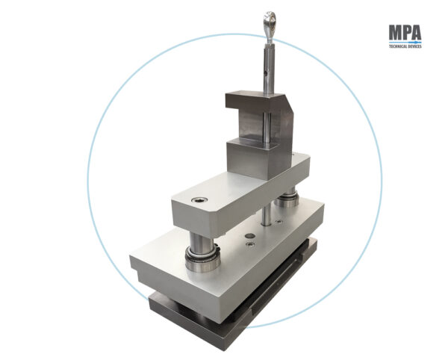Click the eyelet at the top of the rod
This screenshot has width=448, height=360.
click(x=270, y=21)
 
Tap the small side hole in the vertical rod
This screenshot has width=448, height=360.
click(x=266, y=74)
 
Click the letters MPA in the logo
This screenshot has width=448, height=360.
click(x=405, y=32)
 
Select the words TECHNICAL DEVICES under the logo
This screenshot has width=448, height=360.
click(x=405, y=46)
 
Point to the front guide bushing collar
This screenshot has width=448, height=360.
click(x=202, y=259)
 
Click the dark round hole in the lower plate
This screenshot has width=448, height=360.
click(x=250, y=236)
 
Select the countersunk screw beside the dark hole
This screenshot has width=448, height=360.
click(x=251, y=243)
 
